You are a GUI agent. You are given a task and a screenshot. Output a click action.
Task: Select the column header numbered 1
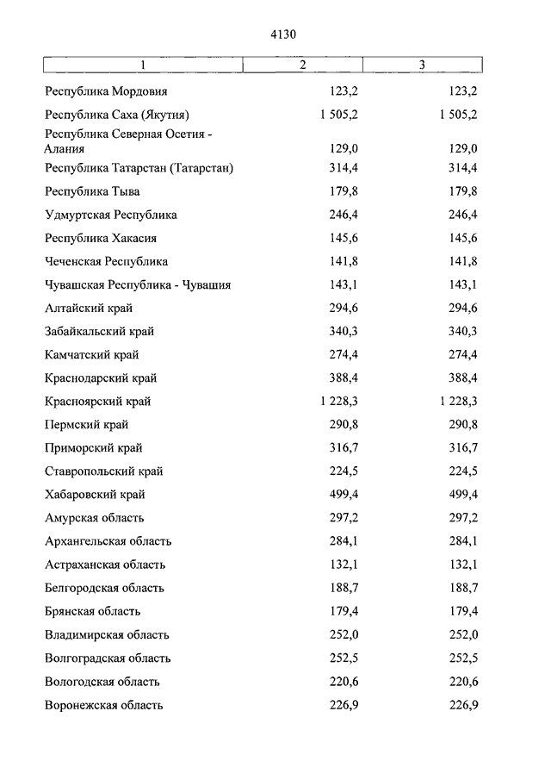(144, 66)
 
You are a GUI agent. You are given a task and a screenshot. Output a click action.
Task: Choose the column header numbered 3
(422, 66)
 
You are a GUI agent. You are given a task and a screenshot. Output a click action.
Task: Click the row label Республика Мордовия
(106, 90)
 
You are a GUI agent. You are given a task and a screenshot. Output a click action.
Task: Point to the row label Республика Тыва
(92, 191)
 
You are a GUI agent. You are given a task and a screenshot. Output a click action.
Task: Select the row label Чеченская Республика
(106, 261)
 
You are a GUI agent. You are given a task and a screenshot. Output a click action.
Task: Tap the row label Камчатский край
(92, 354)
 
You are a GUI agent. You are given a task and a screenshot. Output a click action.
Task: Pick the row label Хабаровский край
(95, 495)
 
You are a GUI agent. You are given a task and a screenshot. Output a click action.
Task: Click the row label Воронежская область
(104, 705)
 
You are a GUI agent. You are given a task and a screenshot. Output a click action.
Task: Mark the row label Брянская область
(92, 611)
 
